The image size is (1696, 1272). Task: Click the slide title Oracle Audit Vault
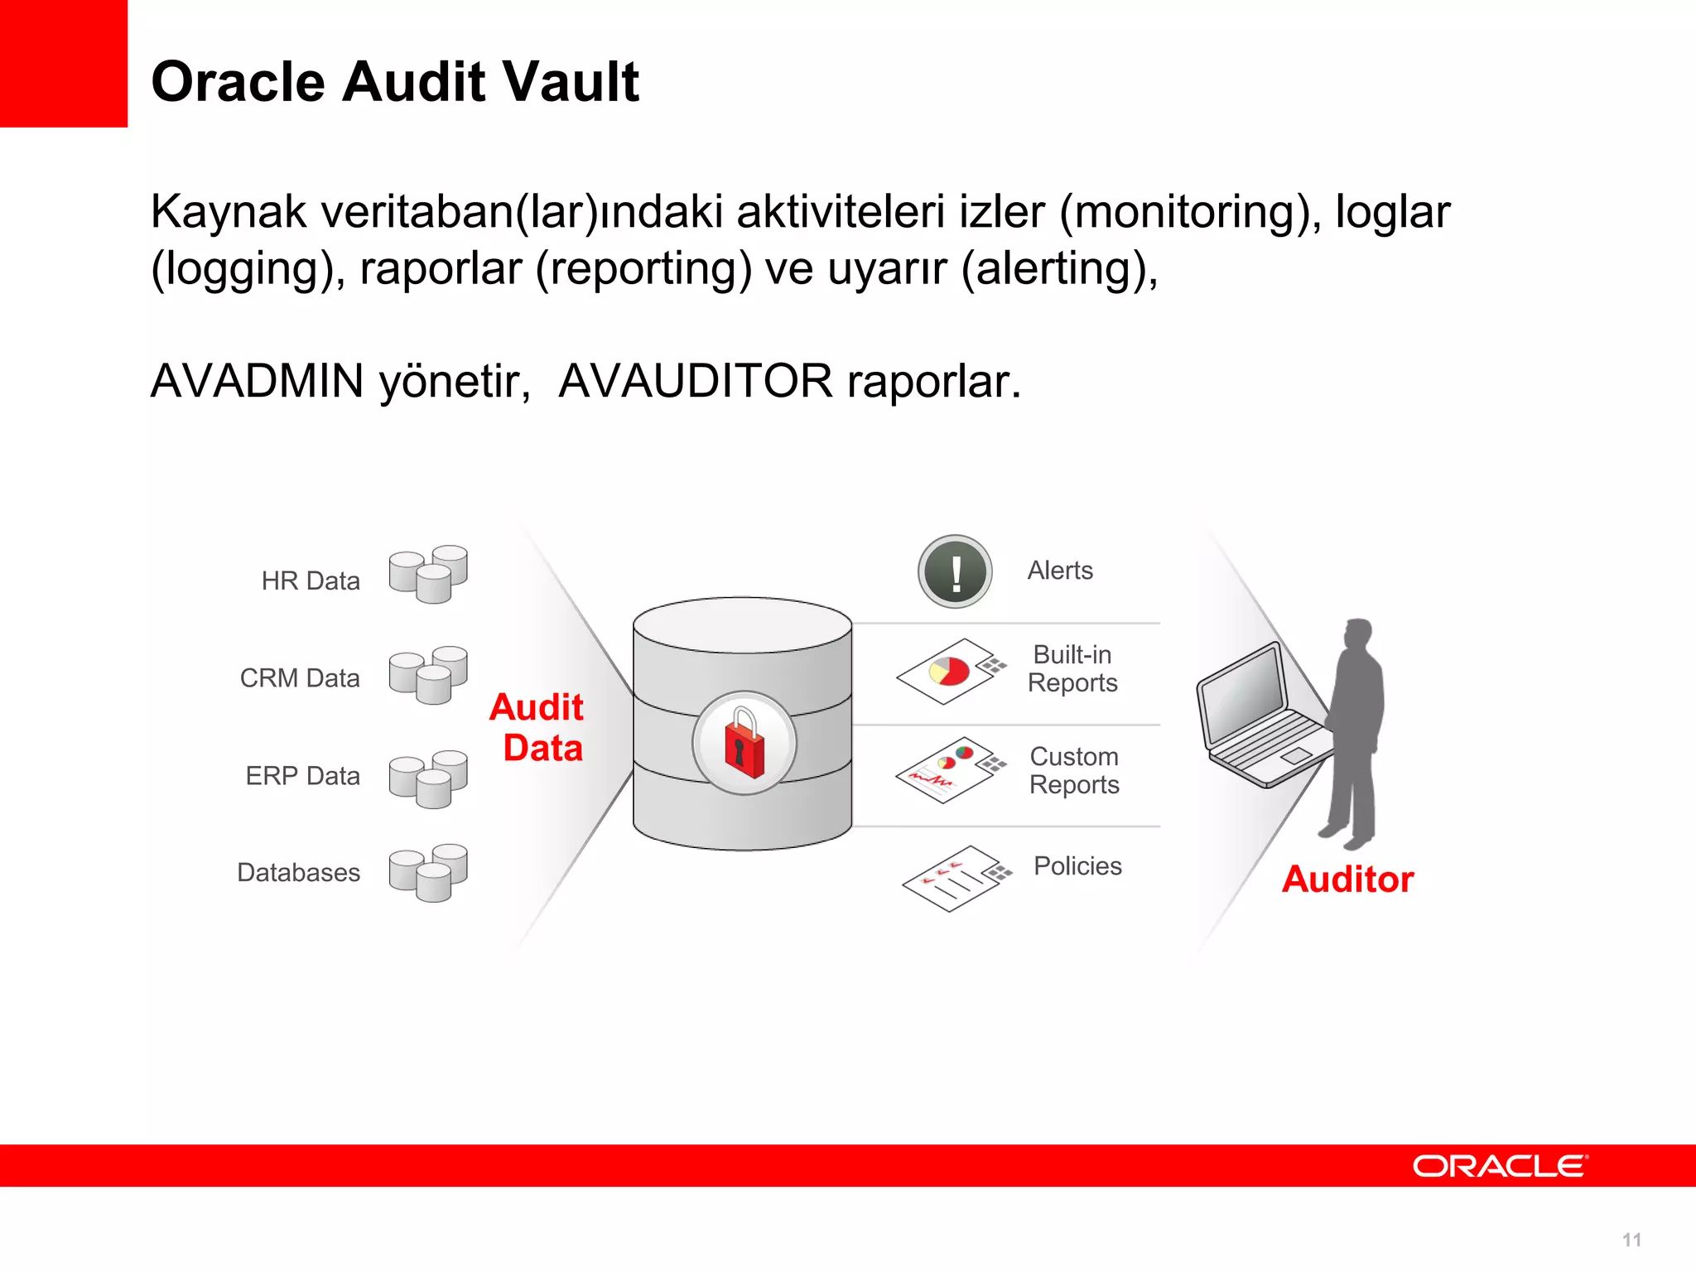pyautogui.click(x=395, y=82)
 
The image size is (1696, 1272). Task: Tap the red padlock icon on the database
pyautogui.click(x=744, y=743)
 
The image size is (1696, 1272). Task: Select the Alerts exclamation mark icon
pyautogui.click(x=955, y=571)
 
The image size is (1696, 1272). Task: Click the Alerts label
pyautogui.click(x=1060, y=571)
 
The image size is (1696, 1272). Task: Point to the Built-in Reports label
pyautogui.click(x=1072, y=668)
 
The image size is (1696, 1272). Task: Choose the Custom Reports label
pyautogui.click(x=1074, y=770)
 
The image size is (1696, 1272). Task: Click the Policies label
pyautogui.click(x=1077, y=866)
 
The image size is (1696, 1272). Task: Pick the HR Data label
pyautogui.click(x=311, y=581)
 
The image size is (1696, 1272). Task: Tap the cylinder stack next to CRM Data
pyautogui.click(x=428, y=674)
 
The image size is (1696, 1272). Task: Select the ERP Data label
pyautogui.click(x=303, y=776)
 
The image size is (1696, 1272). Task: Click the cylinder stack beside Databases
pyautogui.click(x=428, y=872)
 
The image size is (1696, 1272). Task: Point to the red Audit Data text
pyautogui.click(x=538, y=727)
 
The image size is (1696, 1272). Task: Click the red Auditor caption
pyautogui.click(x=1347, y=879)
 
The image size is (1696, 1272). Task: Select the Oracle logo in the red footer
pyautogui.click(x=1500, y=1166)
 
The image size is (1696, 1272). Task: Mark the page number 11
pyautogui.click(x=1631, y=1240)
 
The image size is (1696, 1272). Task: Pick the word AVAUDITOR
pyautogui.click(x=695, y=381)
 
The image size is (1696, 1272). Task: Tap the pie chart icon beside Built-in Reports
pyautogui.click(x=950, y=671)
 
